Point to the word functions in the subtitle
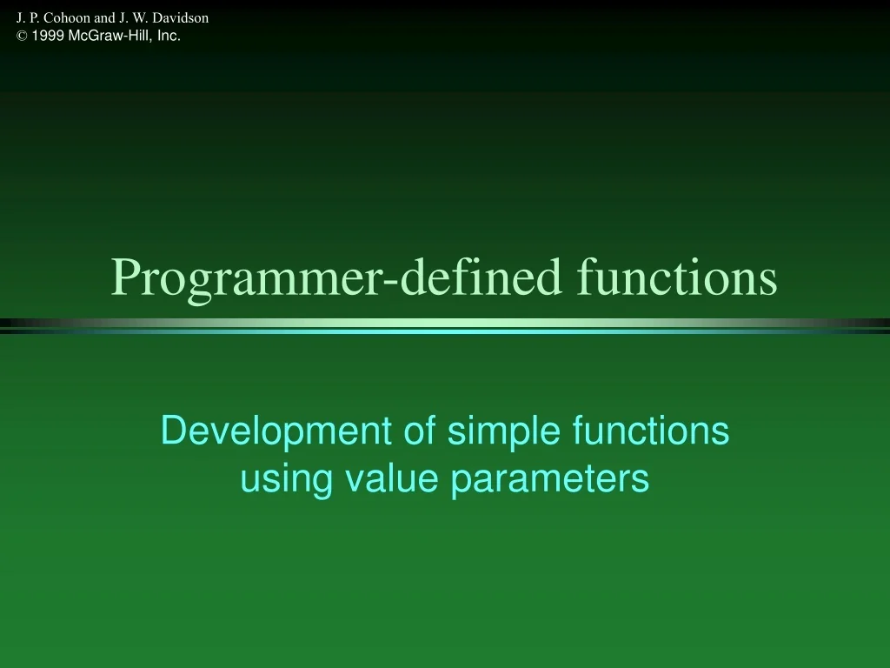pos(651,431)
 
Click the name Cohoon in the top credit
pos(67,17)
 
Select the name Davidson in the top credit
pos(180,17)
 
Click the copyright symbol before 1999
pos(21,37)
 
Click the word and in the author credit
pos(104,17)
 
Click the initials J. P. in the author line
pos(28,17)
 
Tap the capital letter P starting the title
pos(124,277)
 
